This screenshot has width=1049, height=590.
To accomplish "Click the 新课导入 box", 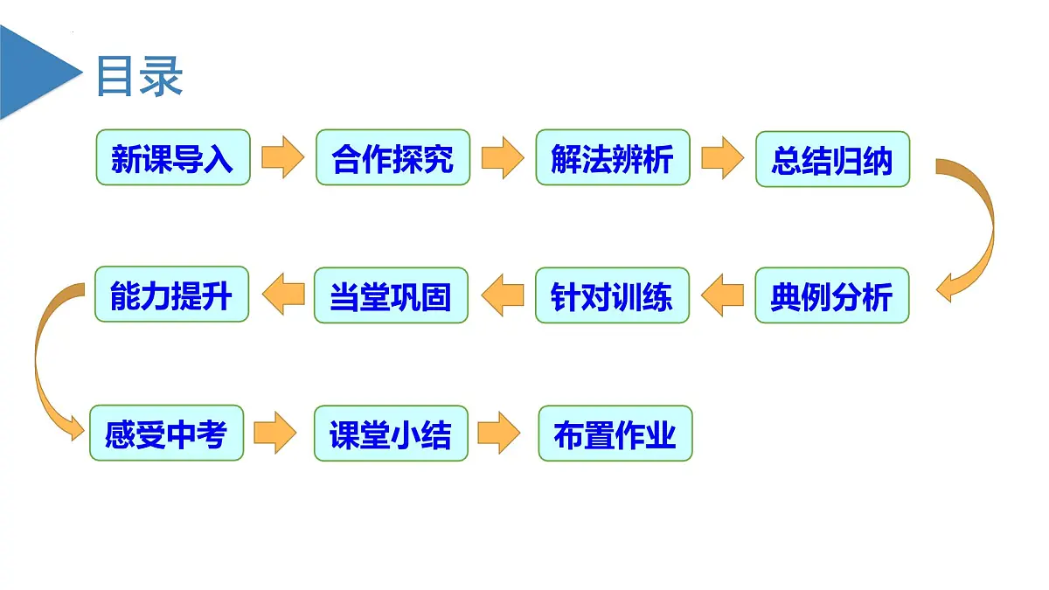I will pyautogui.click(x=172, y=158).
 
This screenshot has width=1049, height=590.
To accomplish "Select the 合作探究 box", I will pyautogui.click(x=393, y=158).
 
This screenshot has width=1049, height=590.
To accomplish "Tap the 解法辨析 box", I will pyautogui.click(x=613, y=158).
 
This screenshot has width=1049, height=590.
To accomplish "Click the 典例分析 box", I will pyautogui.click(x=831, y=296).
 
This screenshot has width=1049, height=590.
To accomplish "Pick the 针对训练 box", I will pyautogui.click(x=612, y=296).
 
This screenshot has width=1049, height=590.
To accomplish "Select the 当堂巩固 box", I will pyautogui.click(x=391, y=296).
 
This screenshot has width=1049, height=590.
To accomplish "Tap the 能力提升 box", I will pyautogui.click(x=171, y=295).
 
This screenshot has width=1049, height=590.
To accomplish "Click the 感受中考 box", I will pyautogui.click(x=166, y=434).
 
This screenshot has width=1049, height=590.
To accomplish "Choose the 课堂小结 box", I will pyautogui.click(x=391, y=434).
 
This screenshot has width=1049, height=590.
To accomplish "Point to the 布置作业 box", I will pyautogui.click(x=615, y=434).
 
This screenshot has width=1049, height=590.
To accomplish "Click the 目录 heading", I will pyautogui.click(x=139, y=76).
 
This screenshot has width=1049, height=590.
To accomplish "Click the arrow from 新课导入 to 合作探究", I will pyautogui.click(x=282, y=157).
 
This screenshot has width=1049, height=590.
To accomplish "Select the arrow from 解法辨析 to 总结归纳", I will pyautogui.click(x=722, y=157).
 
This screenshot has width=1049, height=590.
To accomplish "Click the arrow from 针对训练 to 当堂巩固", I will pyautogui.click(x=502, y=295).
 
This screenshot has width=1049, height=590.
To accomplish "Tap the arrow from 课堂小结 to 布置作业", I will pyautogui.click(x=499, y=433).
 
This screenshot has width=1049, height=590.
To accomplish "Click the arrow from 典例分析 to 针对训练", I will pyautogui.click(x=722, y=295).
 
